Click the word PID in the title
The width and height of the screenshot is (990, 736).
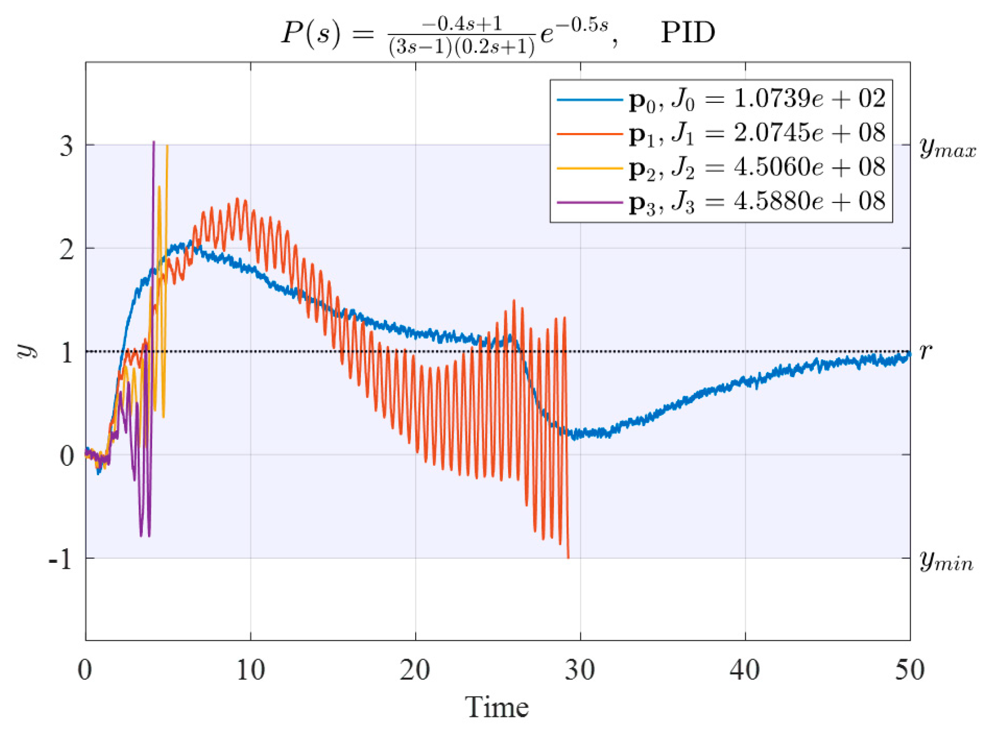(687, 33)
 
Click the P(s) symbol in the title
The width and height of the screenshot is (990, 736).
(311, 33)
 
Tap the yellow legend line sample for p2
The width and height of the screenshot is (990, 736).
(590, 168)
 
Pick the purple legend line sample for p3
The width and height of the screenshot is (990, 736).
(590, 202)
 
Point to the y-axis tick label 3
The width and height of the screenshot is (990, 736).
(66, 146)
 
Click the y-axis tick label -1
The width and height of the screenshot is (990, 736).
(61, 559)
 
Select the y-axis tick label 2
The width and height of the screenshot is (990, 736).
(66, 249)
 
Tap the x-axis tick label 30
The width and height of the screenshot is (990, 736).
(580, 670)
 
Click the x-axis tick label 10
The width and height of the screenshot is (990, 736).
(250, 670)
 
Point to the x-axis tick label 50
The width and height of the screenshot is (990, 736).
(909, 670)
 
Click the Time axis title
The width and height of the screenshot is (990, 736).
(497, 707)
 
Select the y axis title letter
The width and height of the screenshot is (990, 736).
(27, 351)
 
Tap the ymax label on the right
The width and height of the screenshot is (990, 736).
(948, 148)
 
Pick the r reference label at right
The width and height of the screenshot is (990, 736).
(926, 350)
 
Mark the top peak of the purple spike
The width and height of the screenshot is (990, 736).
(154, 142)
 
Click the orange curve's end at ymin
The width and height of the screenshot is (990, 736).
(568, 557)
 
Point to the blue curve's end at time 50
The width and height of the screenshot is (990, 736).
(909, 355)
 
